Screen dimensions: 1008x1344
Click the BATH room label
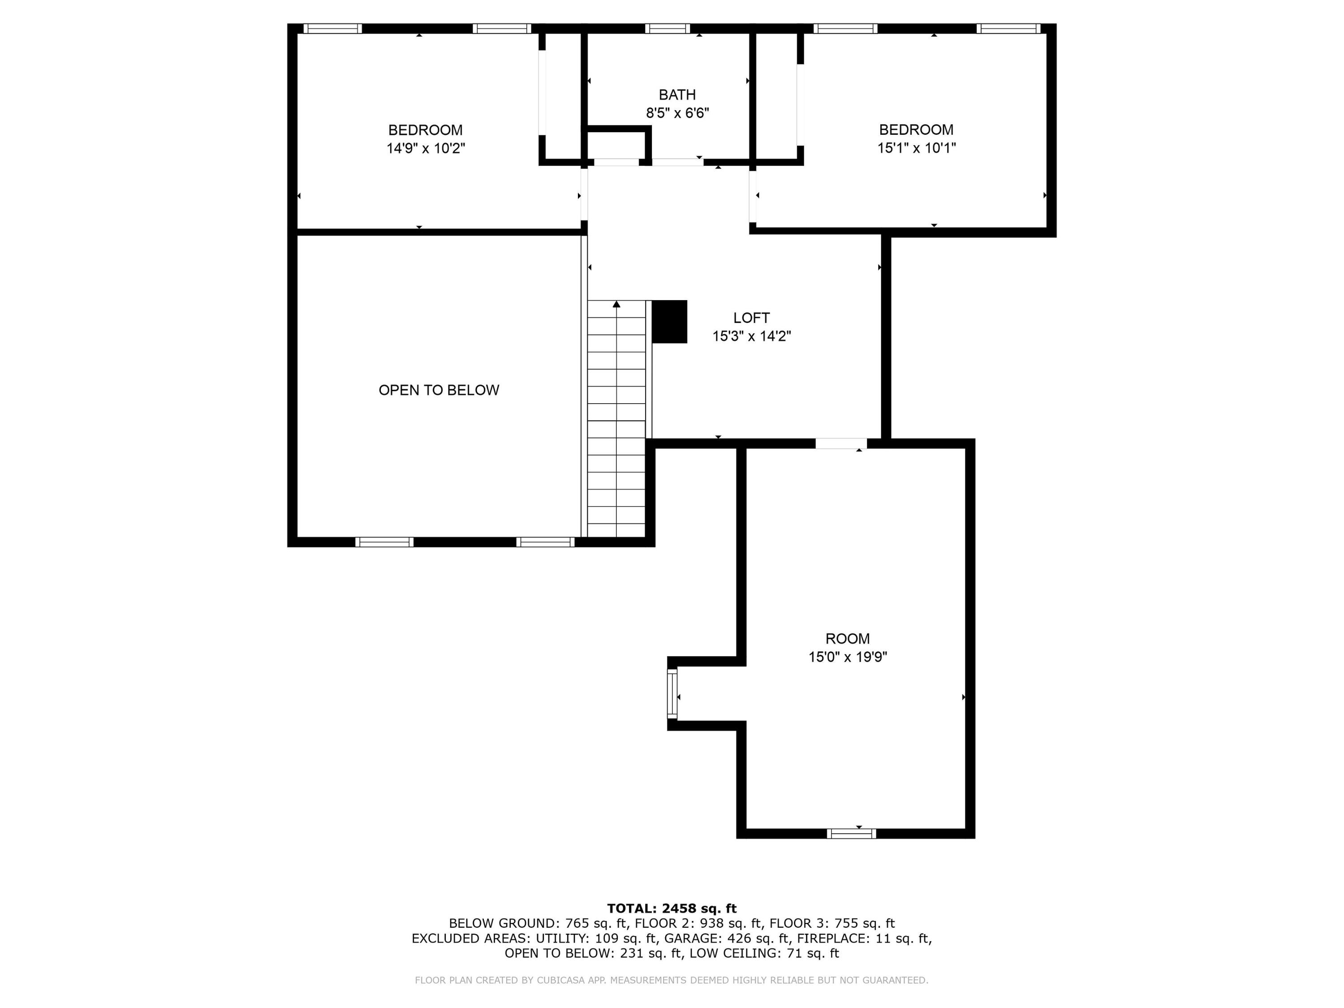point(677,95)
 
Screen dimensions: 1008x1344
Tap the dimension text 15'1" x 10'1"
point(916,148)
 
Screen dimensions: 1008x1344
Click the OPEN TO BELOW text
point(439,390)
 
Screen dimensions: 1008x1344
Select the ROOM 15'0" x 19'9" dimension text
point(847,657)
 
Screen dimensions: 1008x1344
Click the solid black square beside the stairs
point(669,321)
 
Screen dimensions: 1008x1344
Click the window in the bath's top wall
point(667,29)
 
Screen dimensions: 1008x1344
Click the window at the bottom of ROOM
point(851,834)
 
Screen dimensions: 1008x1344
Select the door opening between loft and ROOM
point(840,444)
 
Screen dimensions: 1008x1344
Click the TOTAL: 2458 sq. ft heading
point(672,909)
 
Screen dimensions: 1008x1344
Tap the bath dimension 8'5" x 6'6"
point(677,113)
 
